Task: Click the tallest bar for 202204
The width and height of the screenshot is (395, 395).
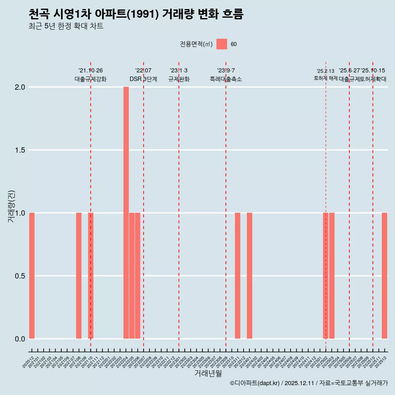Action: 126,213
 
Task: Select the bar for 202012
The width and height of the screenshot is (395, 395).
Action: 32,276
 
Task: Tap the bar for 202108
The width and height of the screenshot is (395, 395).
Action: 79,276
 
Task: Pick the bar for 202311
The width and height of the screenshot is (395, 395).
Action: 237,276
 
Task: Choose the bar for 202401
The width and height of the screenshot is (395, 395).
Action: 249,276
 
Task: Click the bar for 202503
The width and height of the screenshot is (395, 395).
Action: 332,276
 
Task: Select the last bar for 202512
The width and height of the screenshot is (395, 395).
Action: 384,276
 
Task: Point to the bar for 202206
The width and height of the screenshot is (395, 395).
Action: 137,276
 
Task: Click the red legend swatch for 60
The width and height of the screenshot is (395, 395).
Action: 222,44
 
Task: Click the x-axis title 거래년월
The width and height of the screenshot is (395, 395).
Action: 208,374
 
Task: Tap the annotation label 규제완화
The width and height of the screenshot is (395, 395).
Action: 179,79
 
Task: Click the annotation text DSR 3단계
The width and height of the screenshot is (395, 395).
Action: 143,79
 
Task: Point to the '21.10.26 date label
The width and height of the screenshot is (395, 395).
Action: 91,70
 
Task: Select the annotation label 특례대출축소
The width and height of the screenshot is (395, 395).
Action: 225,79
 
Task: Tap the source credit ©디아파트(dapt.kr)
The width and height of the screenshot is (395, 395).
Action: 255,383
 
